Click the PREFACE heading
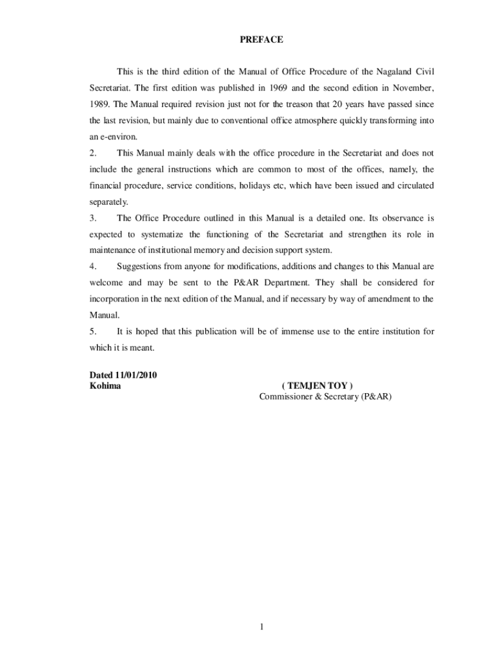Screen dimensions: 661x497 (261, 40)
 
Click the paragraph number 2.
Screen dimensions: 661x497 (92, 154)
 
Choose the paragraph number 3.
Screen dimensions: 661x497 (92, 218)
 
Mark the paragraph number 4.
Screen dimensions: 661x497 (92, 267)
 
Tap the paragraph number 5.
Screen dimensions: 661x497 (92, 331)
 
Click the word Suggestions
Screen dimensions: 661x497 (140, 267)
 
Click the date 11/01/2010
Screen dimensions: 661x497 (136, 376)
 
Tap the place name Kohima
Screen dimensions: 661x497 (104, 386)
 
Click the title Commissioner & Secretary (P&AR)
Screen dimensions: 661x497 (325, 397)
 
